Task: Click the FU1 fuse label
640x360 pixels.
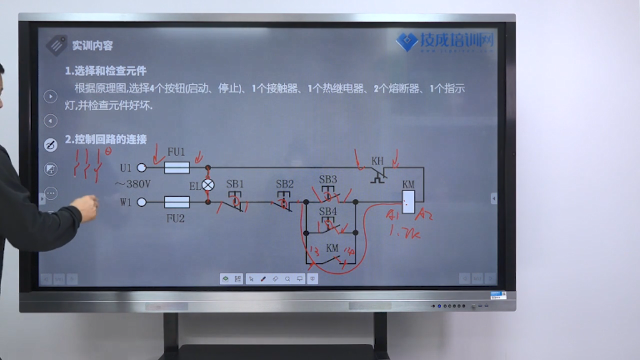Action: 176,152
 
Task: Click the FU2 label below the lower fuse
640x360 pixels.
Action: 175,217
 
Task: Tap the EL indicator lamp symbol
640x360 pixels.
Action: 208,185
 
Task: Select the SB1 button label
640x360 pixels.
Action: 235,183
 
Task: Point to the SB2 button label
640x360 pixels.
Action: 284,183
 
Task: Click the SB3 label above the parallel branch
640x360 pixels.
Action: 328,179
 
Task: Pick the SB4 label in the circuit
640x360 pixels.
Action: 328,212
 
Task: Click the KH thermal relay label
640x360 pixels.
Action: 377,160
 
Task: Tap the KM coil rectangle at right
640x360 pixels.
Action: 408,200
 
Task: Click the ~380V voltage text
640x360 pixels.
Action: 132,184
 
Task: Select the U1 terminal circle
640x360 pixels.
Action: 142,167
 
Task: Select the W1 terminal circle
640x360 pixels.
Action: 142,202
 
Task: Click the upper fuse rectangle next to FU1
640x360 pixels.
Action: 177,167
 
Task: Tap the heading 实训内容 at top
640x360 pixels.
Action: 92,46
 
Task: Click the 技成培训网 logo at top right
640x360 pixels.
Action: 446,41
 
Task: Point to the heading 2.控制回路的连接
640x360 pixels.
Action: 105,138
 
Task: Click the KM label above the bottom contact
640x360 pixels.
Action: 332,247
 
